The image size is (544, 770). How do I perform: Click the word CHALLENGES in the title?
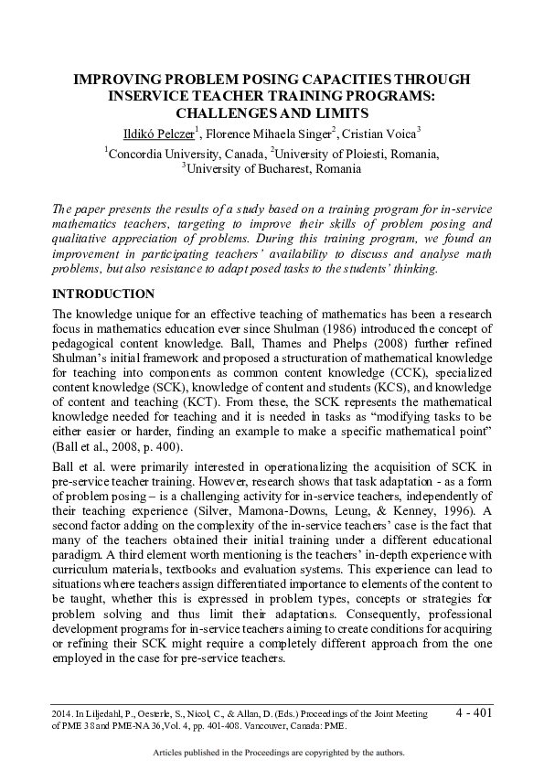(226, 113)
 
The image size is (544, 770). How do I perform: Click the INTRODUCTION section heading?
(103, 294)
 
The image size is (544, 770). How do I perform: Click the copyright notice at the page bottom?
(272, 753)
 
